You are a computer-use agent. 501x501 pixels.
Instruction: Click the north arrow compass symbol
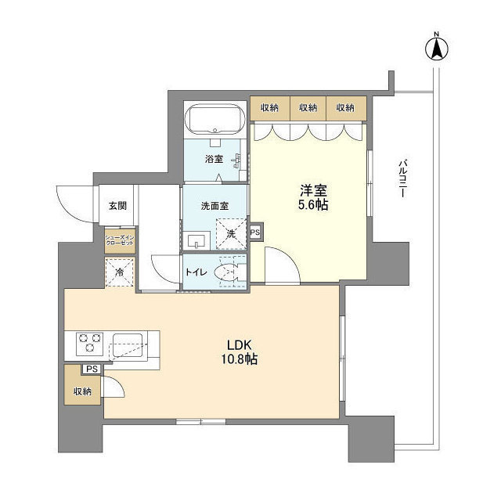(436, 48)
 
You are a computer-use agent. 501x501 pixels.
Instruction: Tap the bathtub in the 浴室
(214, 119)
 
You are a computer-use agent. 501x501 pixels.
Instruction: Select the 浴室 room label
(214, 159)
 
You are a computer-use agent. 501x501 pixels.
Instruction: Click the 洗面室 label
(214, 207)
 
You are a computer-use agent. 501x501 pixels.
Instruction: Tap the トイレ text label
(196, 273)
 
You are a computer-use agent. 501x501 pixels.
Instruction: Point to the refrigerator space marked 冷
(120, 273)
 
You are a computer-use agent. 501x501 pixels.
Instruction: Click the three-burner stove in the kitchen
(89, 344)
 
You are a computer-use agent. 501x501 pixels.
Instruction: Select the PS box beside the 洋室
(255, 232)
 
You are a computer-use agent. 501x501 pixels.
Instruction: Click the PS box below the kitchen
(92, 369)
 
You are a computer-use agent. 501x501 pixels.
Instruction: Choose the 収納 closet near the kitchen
(83, 391)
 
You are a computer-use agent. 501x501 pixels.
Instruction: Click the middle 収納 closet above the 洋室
(308, 107)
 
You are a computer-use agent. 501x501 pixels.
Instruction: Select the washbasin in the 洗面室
(197, 240)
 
